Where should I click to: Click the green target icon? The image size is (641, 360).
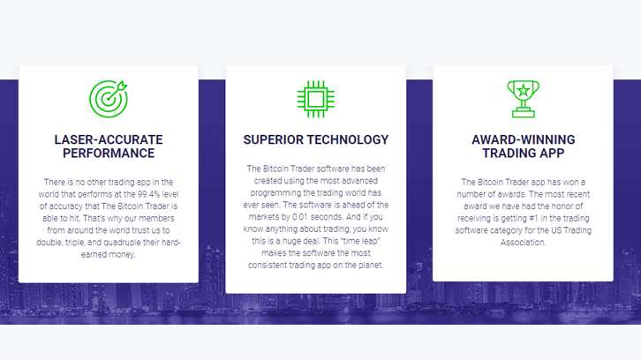109,100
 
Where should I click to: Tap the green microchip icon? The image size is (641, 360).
315,99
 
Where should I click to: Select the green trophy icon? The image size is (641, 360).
524,100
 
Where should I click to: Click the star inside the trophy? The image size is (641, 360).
524,90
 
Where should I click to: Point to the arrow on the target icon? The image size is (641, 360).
117,90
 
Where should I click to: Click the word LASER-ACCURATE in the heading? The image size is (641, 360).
109,139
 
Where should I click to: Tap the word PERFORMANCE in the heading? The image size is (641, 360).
109,154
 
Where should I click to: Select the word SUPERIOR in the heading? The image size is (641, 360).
272,139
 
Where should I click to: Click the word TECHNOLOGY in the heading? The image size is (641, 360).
347,139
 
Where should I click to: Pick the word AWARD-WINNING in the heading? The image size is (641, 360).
524,139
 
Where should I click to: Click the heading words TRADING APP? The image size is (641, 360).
524,154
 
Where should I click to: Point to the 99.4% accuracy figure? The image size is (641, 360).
148,194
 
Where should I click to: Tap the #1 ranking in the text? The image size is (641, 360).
532,218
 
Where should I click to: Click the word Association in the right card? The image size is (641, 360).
524,243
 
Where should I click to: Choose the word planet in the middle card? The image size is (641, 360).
371,266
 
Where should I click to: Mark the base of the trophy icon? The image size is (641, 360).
524,113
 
